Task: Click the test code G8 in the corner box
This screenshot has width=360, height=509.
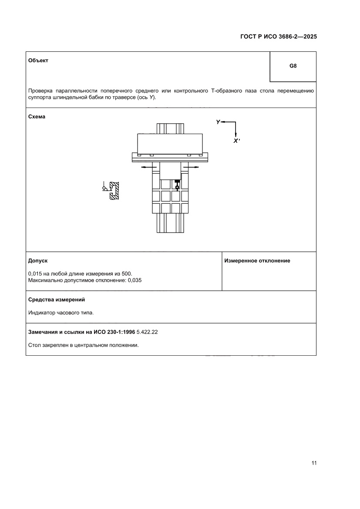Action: (293, 67)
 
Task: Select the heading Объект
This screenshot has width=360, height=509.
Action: (38, 61)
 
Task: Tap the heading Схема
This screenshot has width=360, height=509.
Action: (37, 117)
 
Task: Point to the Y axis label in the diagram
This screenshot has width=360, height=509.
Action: (218, 122)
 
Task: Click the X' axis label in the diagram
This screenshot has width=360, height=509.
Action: (236, 141)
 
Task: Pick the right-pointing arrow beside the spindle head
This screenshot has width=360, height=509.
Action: (191, 167)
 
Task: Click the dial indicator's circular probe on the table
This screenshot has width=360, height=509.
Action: (177, 187)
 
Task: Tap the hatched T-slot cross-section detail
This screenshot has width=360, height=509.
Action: (114, 191)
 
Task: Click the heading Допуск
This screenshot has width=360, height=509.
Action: (38, 260)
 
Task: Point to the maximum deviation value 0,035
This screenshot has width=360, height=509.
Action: (135, 280)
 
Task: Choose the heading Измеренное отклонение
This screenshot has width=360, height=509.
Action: (257, 260)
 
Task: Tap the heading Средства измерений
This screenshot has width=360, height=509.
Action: (56, 300)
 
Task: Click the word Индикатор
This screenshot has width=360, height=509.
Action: (41, 313)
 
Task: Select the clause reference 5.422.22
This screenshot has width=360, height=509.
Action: (147, 332)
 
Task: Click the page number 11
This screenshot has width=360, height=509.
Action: (313, 463)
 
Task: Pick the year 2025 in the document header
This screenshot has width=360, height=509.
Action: (310, 37)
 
